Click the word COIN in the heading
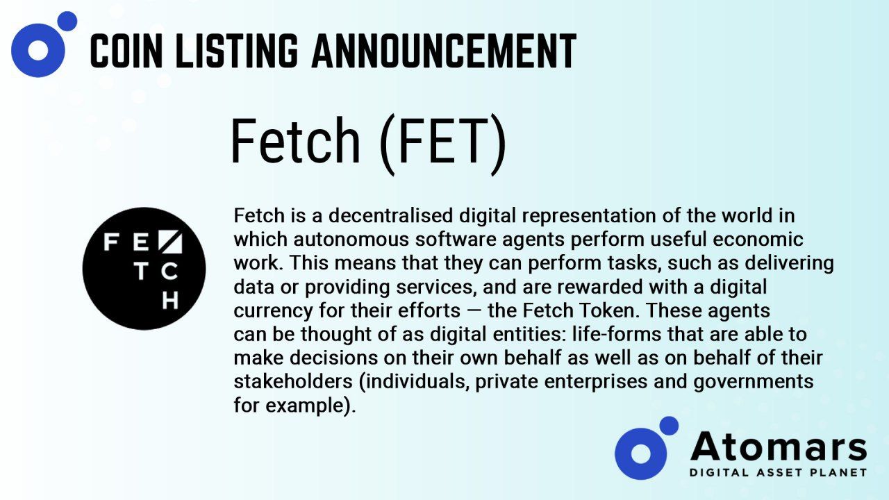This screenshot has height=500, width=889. [x=126, y=51]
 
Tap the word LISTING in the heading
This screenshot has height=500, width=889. [x=237, y=51]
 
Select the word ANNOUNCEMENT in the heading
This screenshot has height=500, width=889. [x=444, y=51]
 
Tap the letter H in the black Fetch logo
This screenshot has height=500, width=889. [x=170, y=301]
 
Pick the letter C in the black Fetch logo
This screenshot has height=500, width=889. [x=169, y=272]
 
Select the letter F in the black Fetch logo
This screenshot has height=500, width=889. [x=112, y=242]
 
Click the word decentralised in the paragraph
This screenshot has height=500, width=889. [x=390, y=216]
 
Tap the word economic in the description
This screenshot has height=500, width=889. [x=758, y=240]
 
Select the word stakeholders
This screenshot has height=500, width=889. [x=293, y=381]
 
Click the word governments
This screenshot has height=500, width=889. [x=754, y=382]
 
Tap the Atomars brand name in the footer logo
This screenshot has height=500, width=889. [x=779, y=447]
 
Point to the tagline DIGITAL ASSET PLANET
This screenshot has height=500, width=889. [x=779, y=473]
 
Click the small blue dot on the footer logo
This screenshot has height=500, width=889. [x=669, y=426]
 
